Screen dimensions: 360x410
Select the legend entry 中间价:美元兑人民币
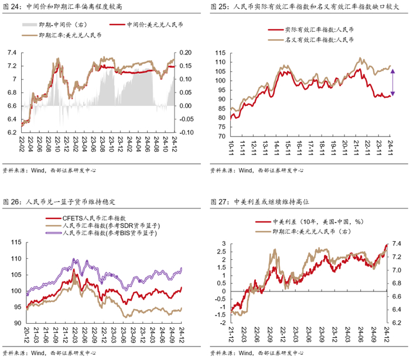click(x=146, y=25)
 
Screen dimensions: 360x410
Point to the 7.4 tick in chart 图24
click(x=12, y=53)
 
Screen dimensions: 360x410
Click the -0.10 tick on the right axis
click(x=187, y=132)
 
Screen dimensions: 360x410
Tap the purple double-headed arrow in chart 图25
click(x=392, y=83)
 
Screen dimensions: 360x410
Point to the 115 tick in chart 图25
click(x=220, y=53)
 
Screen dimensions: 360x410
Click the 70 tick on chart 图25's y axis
click(x=221, y=136)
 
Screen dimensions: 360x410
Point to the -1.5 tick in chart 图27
click(x=221, y=314)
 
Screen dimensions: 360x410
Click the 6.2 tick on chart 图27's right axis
click(x=397, y=323)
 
